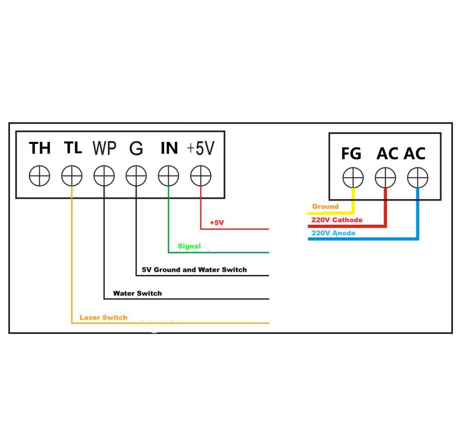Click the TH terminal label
pos(40,148)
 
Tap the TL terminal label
pos(73,148)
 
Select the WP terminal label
pos(104,148)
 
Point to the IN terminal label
pos(169,148)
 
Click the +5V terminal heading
pos(201,148)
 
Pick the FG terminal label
pos(351,154)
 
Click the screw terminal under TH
pos(40,176)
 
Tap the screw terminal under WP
pos(104,176)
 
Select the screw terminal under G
pos(136,176)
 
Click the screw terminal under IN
pos(168,176)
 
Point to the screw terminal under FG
pos(353,177)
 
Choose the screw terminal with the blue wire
pos(418,177)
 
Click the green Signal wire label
pos(189,246)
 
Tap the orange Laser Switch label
pos(103,317)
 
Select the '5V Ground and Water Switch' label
pos(194,269)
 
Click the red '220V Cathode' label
pos(337,220)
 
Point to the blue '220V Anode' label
pos(333,233)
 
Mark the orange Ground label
pos(325,207)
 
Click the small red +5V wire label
pos(216,222)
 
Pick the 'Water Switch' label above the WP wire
pos(137,293)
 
